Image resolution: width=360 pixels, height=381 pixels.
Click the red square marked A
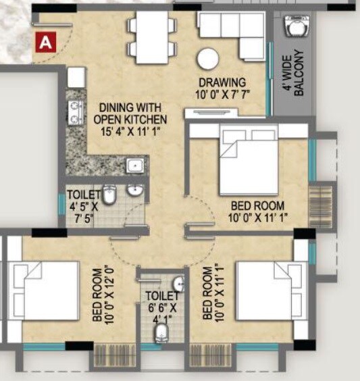[x=45, y=42]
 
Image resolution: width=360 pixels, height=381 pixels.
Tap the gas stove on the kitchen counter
[x=74, y=109]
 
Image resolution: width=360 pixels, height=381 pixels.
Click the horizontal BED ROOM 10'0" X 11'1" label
[x=257, y=212]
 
